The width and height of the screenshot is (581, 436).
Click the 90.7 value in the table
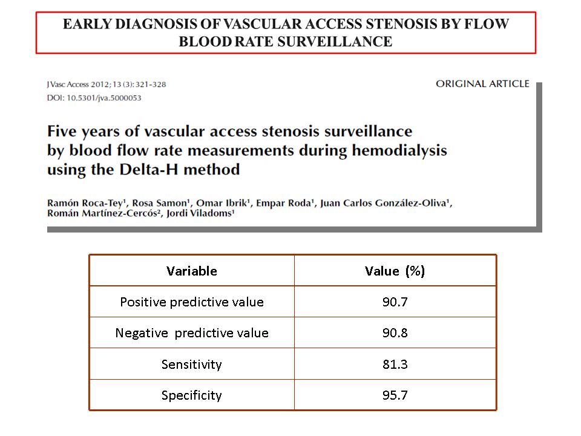pyautogui.click(x=395, y=302)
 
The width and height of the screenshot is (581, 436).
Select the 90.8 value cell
pyautogui.click(x=395, y=333)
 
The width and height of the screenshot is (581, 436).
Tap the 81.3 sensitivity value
pyautogui.click(x=395, y=364)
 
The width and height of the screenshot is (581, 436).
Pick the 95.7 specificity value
pyautogui.click(x=395, y=395)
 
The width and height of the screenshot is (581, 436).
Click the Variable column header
pyautogui.click(x=192, y=271)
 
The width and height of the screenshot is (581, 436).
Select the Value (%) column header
pyautogui.click(x=395, y=271)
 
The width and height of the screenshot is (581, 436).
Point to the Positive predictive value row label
pyautogui.click(x=192, y=302)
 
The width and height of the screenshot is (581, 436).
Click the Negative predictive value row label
pyautogui.click(x=192, y=333)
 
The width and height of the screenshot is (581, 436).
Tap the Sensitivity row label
pyautogui.click(x=192, y=365)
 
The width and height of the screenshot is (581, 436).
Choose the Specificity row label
pyautogui.click(x=192, y=395)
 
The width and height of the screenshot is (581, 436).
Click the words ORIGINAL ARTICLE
pyautogui.click(x=482, y=84)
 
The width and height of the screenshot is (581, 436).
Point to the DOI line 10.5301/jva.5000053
pyautogui.click(x=94, y=98)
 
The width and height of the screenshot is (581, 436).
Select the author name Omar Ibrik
pyautogui.click(x=222, y=203)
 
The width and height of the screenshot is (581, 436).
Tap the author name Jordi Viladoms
pyautogui.click(x=200, y=213)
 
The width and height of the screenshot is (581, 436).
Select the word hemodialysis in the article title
pyautogui.click(x=399, y=151)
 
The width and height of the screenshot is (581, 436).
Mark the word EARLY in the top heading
pyautogui.click(x=87, y=24)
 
